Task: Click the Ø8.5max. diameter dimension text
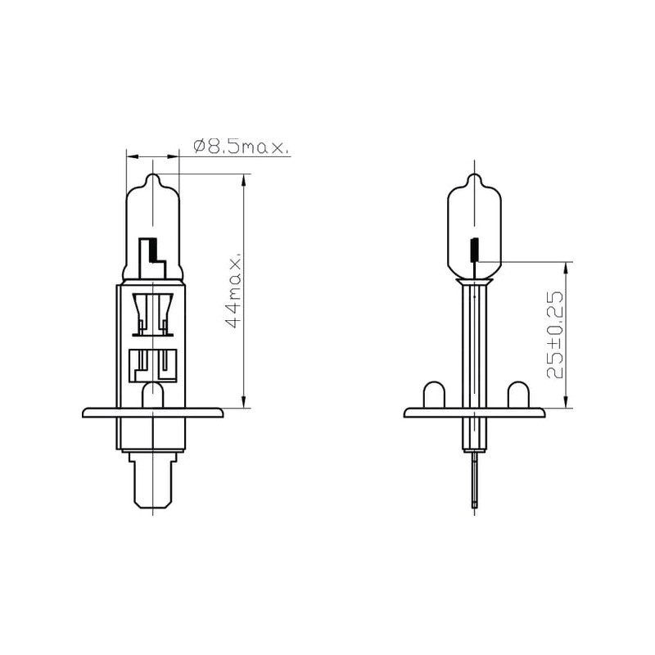pyautogui.click(x=241, y=147)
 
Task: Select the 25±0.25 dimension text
pyautogui.click(x=555, y=335)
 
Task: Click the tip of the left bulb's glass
pyautogui.click(x=153, y=174)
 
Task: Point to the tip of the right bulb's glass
pyautogui.click(x=475, y=174)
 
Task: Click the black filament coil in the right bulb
pyautogui.click(x=475, y=250)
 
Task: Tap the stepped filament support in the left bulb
pyautogui.click(x=152, y=258)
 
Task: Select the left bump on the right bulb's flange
pyautogui.click(x=434, y=395)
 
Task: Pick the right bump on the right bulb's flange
pyautogui.click(x=518, y=395)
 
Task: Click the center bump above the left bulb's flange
pyautogui.click(x=153, y=395)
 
